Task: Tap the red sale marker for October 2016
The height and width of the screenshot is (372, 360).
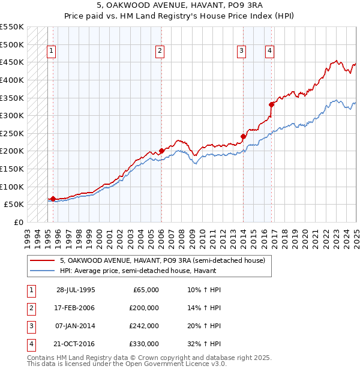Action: coord(271,104)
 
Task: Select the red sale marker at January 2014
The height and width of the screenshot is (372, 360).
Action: coord(243,136)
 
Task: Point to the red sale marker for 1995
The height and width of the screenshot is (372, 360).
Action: coord(53,199)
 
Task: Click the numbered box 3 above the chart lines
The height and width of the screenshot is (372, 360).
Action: coord(241,52)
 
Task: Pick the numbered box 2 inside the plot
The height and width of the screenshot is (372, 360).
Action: coord(160,52)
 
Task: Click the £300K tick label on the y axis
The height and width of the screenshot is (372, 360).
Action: coord(12,115)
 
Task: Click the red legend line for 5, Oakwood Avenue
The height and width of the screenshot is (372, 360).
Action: coord(43,260)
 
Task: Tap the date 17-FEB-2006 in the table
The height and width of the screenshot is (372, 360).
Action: coord(76,308)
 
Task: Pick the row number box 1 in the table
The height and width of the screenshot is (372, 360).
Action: coord(30,290)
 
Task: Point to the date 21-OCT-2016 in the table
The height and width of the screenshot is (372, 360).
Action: coord(76,344)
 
